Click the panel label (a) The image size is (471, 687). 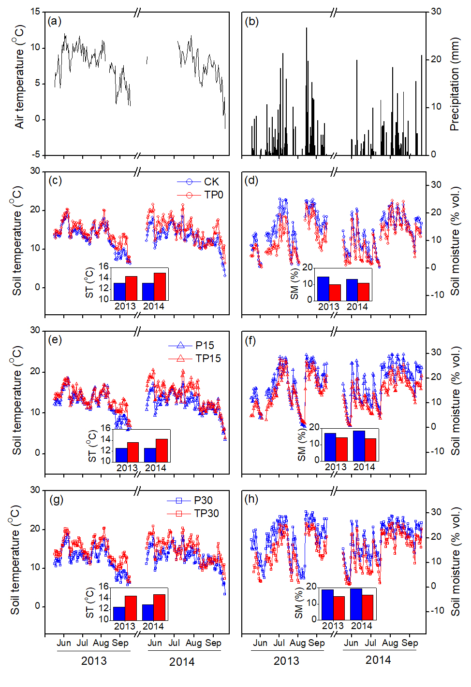54,21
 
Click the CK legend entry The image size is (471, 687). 211,182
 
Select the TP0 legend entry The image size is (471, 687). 213,195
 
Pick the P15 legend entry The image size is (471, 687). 205,345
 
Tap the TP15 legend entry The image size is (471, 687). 208,358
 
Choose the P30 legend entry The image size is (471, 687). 203,500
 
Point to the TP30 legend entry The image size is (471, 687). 206,513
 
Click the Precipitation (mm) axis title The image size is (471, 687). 455,85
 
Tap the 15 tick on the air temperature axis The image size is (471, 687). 35,12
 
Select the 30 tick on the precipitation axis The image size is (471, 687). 436,12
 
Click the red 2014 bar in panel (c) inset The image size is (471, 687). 160,286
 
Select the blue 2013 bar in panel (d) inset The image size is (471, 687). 323,288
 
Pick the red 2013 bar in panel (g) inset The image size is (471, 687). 131,608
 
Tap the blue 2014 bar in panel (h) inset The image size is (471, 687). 356,604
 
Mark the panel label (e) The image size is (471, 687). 55,340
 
